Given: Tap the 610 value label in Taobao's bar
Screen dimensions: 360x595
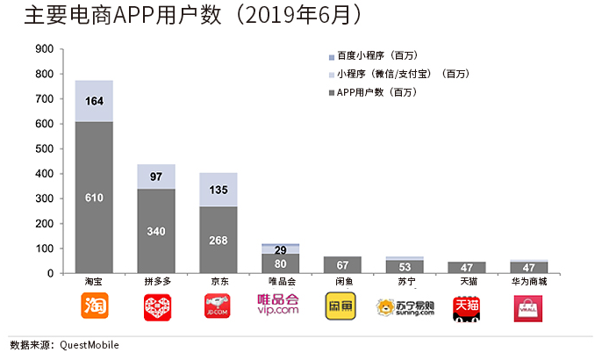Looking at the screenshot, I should [x=94, y=198].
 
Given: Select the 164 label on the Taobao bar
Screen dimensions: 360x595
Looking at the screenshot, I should [x=94, y=102].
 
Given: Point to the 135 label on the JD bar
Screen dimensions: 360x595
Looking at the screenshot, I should [x=218, y=189].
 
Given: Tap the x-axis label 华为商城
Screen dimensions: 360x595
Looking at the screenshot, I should [x=529, y=283].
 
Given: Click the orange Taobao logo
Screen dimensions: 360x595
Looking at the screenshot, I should [x=94, y=306].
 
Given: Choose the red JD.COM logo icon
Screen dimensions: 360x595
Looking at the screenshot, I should [x=218, y=306].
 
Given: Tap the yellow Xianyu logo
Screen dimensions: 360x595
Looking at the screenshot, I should [x=343, y=306].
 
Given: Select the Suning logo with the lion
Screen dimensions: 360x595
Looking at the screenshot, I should [x=405, y=307].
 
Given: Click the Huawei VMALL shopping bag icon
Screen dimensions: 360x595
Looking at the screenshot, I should [x=529, y=307].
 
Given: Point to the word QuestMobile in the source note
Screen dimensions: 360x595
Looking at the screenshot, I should [x=90, y=345].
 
